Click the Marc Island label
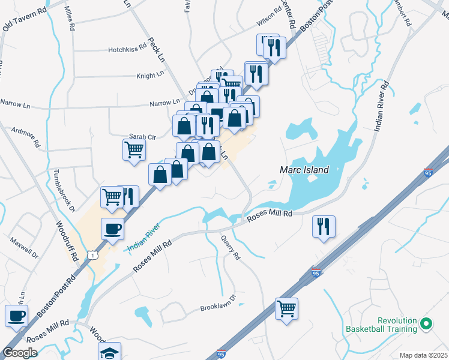click(x=304, y=170)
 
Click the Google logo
click(x=20, y=353)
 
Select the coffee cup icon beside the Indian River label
click(x=112, y=229)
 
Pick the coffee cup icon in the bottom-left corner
click(x=17, y=315)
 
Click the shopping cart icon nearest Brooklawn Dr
click(x=287, y=308)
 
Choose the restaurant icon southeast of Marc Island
click(x=324, y=226)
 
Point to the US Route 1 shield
click(x=92, y=255)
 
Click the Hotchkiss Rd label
click(x=127, y=50)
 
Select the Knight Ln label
click(x=149, y=76)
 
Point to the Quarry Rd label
click(x=230, y=248)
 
